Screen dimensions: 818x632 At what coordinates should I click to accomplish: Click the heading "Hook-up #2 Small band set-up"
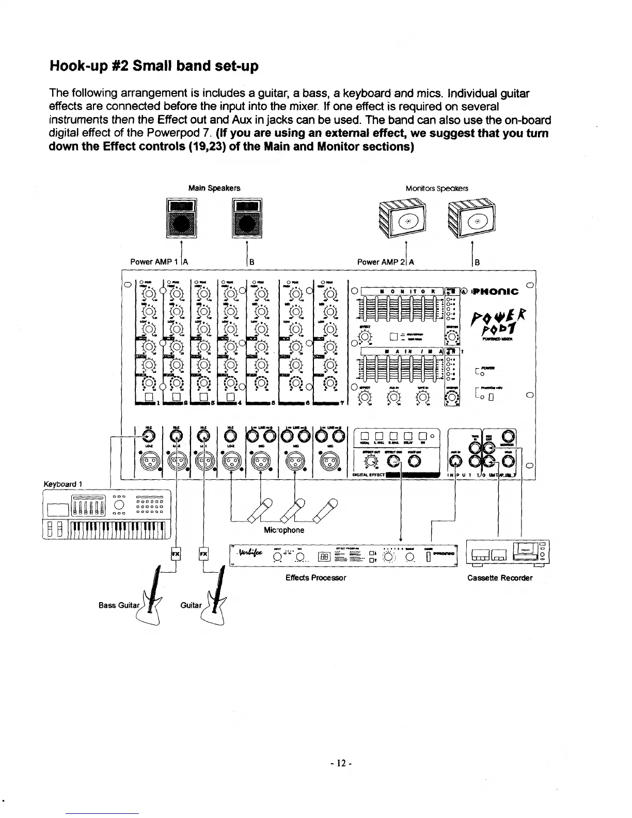(153, 66)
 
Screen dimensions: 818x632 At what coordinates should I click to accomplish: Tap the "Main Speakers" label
(214, 188)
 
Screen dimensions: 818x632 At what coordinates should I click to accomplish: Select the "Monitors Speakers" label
(437, 188)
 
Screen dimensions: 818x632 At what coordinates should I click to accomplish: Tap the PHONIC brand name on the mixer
(494, 292)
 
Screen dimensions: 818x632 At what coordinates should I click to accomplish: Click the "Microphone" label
(283, 530)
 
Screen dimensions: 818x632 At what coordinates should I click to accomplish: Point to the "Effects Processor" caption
(315, 578)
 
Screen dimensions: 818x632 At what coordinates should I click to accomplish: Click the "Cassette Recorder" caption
(499, 578)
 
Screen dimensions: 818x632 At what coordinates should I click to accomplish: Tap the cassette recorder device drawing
(507, 553)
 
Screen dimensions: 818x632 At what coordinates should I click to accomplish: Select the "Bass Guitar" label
(118, 604)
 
